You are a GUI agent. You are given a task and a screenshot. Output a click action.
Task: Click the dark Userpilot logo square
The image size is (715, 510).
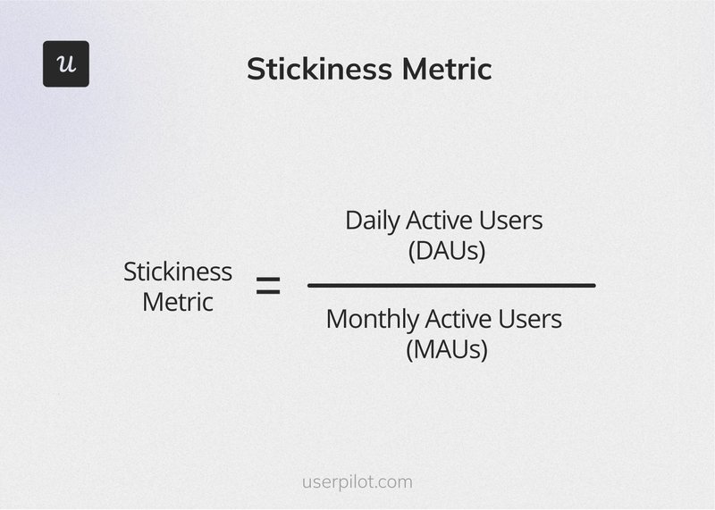[x=66, y=64]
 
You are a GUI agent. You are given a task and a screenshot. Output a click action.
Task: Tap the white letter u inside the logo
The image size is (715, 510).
[x=66, y=65]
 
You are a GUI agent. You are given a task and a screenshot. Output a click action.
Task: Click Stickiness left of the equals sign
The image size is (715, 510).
[x=177, y=272]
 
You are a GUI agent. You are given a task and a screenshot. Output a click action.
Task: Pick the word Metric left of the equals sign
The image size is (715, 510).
[x=178, y=302]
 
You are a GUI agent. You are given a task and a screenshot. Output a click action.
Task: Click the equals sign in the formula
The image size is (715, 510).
[x=268, y=287]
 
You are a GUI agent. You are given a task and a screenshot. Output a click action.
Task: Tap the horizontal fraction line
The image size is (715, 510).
[x=451, y=285]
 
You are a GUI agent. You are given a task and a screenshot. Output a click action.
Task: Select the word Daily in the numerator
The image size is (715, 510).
[x=372, y=221]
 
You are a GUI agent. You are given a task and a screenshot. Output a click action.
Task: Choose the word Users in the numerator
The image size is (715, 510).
[x=514, y=221]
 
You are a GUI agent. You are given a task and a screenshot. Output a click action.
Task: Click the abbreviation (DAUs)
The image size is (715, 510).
[x=447, y=251]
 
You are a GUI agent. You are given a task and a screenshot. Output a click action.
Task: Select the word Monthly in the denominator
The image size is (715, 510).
[x=371, y=319]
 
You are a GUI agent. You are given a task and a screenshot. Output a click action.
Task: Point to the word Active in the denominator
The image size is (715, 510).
[x=460, y=319]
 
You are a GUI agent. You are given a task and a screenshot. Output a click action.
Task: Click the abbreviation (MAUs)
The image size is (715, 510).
[x=447, y=349]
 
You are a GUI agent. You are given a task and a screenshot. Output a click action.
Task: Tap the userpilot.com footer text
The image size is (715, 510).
[x=357, y=482]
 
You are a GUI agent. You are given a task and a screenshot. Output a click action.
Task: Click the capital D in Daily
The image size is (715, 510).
[x=353, y=221]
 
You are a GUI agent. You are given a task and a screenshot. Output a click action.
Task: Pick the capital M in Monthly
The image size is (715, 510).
[x=337, y=319]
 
